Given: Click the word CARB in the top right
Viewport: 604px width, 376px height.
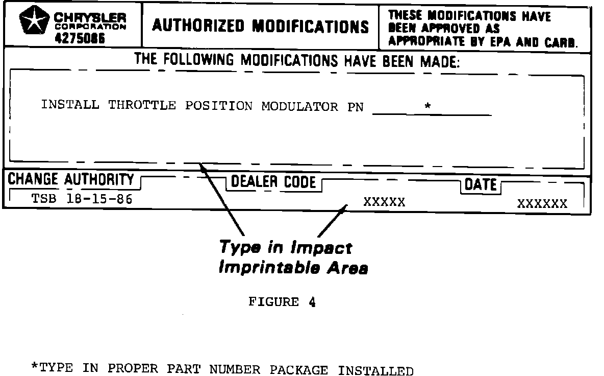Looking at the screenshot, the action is click(559, 42).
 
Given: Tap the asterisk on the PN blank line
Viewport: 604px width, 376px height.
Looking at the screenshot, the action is click(427, 107).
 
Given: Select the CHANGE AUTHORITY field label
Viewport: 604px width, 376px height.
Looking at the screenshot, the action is click(70, 180).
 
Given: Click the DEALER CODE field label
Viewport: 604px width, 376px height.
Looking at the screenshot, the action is click(273, 182).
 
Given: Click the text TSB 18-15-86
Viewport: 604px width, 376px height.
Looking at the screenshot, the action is click(82, 199).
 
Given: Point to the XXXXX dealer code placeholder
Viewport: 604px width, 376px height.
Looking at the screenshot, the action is click(384, 202).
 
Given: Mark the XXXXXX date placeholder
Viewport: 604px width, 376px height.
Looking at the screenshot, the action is click(542, 204).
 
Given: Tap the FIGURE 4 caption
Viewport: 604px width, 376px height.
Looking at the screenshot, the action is click(282, 302).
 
